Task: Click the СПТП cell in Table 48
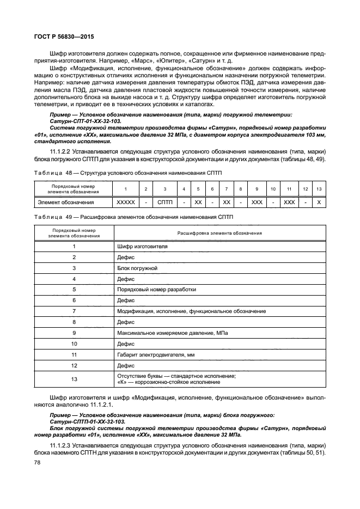pyautogui.click(x=164, y=202)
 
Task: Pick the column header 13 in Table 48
pyautogui.click(x=319, y=189)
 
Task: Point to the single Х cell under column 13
pyautogui.click(x=319, y=202)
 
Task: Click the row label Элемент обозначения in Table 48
pyautogui.click(x=65, y=202)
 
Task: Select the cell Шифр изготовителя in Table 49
pyautogui.click(x=142, y=246)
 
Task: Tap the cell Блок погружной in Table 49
pyautogui.click(x=137, y=268)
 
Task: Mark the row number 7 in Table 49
pyautogui.click(x=74, y=311)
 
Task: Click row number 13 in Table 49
pyautogui.click(x=74, y=379)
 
